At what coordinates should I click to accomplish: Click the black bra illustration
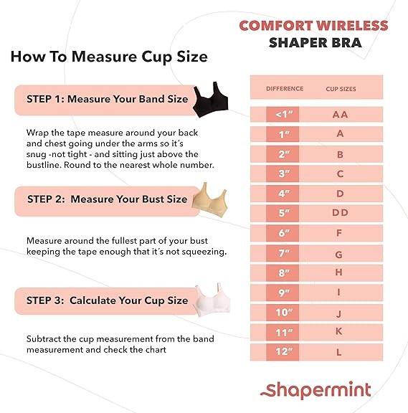(210, 100)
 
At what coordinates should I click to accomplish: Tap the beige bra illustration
(209, 201)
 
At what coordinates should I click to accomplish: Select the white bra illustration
(212, 300)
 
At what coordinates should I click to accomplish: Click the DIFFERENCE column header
(285, 89)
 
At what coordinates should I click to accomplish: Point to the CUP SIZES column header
(341, 89)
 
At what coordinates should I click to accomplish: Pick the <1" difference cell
(283, 115)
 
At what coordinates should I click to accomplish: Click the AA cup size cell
(340, 115)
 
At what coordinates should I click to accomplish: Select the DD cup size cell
(340, 212)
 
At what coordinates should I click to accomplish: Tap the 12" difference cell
(283, 351)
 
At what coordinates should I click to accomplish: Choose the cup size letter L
(339, 353)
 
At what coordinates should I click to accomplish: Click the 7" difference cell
(283, 253)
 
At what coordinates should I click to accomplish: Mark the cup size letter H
(339, 272)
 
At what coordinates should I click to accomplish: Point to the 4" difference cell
(283, 194)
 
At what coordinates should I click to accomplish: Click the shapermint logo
(316, 390)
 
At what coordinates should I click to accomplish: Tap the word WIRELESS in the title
(352, 26)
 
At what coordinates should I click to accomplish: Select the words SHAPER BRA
(316, 43)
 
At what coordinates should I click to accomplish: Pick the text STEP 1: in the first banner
(45, 99)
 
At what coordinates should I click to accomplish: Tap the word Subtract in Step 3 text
(43, 338)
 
